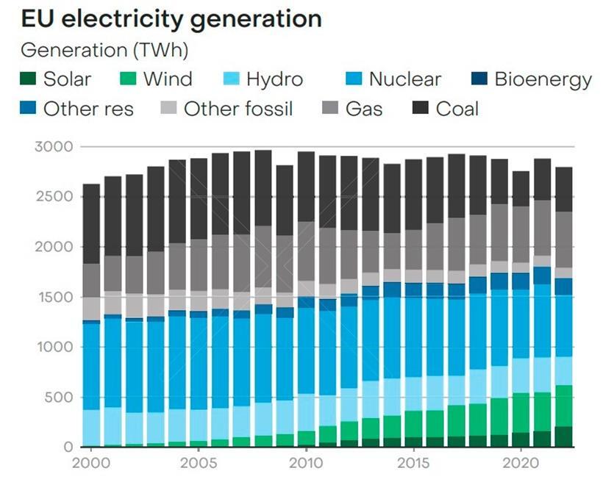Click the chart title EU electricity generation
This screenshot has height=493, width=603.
[171, 19]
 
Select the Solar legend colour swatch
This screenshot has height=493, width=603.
[29, 79]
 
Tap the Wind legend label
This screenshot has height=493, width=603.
[168, 79]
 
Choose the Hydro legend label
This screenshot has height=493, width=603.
[274, 79]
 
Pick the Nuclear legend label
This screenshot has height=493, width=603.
[404, 79]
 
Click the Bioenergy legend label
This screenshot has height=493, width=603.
[543, 79]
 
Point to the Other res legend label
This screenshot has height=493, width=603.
[88, 109]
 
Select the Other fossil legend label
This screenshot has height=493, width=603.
[238, 109]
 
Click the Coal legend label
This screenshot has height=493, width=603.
[457, 109]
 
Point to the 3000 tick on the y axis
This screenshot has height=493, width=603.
[54, 147]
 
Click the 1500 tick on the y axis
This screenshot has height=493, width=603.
[54, 297]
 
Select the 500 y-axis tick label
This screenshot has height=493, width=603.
[57, 397]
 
